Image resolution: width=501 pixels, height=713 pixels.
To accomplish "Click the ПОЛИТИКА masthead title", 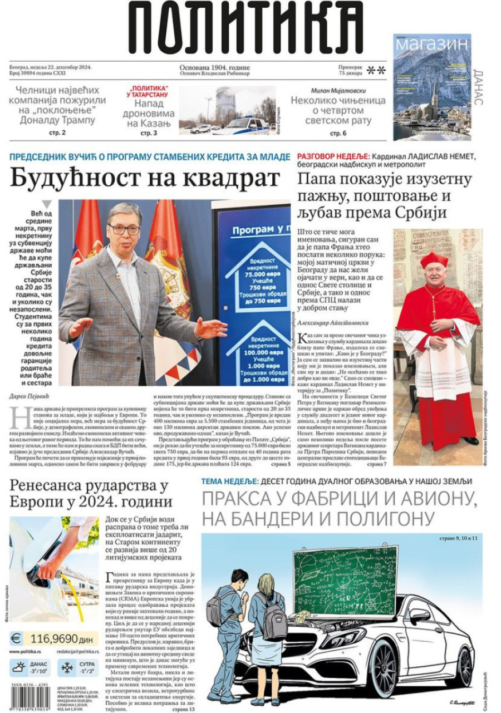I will [245, 27].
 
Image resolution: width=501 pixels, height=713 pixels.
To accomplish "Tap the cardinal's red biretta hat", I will [434, 259].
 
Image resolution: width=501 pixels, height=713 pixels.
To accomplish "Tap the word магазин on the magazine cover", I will [432, 44].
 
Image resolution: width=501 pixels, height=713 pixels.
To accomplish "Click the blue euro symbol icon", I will [16, 638].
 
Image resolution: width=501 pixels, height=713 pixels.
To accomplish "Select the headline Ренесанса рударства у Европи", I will [89, 494].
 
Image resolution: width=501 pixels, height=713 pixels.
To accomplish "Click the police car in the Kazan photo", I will [240, 126].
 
